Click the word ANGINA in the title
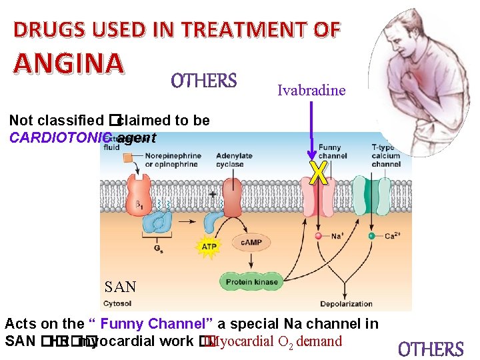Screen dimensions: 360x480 [x=68, y=64]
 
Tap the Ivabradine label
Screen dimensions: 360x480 [x=311, y=91]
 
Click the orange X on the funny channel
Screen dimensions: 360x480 [x=319, y=173]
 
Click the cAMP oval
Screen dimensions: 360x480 [x=251, y=243]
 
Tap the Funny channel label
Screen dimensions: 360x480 [x=333, y=152]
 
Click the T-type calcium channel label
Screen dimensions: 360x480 [x=385, y=155]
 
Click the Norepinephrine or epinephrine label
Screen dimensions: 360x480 [x=171, y=161]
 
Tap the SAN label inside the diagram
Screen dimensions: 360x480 [x=121, y=287]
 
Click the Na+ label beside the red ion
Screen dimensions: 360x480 [x=338, y=236]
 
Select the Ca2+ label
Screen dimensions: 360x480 [x=393, y=236]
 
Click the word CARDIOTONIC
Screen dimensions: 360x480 [x=58, y=139]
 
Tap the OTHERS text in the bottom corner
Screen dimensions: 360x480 [x=431, y=349]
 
